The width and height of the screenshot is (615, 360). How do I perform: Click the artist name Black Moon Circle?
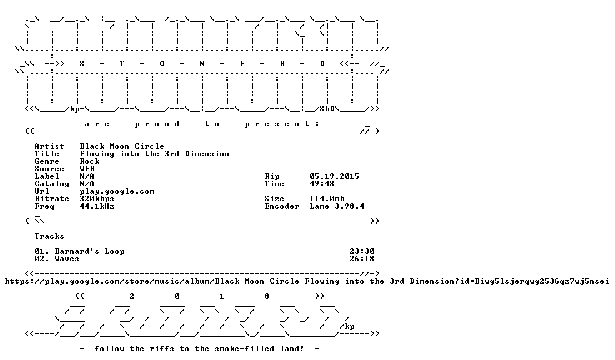click(x=122, y=146)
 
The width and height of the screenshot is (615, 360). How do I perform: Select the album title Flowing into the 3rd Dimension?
click(x=154, y=154)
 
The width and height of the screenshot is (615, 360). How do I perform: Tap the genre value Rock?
click(x=89, y=161)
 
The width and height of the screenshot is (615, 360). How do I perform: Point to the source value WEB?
click(x=87, y=169)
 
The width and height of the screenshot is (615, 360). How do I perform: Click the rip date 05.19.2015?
click(x=334, y=176)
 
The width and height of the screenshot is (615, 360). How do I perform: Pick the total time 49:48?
click(x=322, y=184)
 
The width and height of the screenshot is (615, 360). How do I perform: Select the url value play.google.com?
click(x=117, y=191)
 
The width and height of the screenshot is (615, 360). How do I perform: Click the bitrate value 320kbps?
click(x=97, y=199)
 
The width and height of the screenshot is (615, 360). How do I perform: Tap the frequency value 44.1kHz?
click(x=97, y=206)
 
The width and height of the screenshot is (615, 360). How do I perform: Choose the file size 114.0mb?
click(x=327, y=199)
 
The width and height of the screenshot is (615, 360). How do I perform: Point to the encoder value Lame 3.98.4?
click(x=337, y=206)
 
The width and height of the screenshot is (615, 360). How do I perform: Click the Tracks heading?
click(x=49, y=236)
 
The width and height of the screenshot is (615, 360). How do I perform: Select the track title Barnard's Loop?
click(x=89, y=251)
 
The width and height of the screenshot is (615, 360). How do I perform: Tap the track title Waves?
click(x=67, y=259)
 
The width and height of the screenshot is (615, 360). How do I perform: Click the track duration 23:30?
click(x=362, y=251)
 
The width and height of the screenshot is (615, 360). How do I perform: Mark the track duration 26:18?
click(x=362, y=259)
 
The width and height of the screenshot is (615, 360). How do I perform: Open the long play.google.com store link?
click(x=307, y=282)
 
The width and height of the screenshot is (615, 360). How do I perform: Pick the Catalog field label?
click(x=52, y=184)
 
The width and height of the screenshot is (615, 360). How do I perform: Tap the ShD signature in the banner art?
click(x=327, y=109)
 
